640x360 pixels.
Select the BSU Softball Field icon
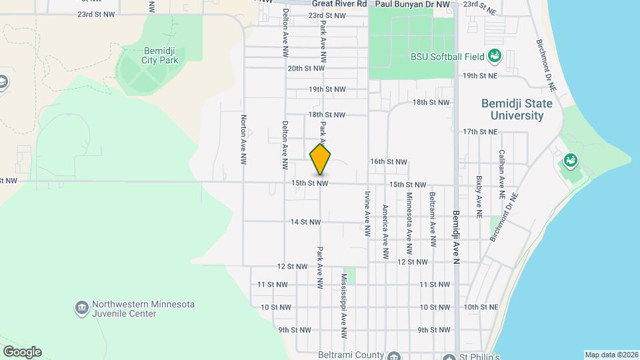point(495,55)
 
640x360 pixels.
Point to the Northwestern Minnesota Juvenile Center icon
point(82,307)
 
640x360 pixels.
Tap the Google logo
point(22,352)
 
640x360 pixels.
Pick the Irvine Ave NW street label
point(367,215)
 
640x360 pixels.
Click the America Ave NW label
point(385,231)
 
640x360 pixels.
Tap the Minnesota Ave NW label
point(409,225)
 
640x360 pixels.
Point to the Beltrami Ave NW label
point(433,219)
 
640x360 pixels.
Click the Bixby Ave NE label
point(479,197)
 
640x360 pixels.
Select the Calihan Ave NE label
point(501,175)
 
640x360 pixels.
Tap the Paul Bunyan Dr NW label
point(414,3)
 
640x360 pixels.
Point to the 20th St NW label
point(306,68)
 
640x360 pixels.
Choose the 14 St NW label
point(306,222)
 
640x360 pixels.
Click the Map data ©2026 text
point(611,355)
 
